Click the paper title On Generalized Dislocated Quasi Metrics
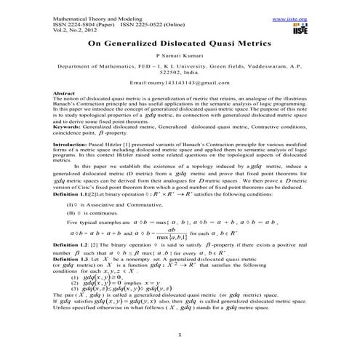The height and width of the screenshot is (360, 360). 179,44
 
